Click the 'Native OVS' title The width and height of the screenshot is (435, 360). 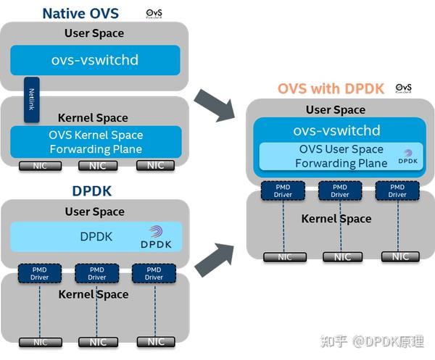(x=80, y=12)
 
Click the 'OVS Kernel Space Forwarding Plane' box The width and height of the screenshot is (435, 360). (x=95, y=142)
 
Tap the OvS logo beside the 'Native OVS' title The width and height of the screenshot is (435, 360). (x=154, y=14)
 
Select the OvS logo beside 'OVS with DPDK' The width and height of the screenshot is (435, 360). (x=404, y=88)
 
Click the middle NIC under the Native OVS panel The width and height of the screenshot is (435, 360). (x=96, y=165)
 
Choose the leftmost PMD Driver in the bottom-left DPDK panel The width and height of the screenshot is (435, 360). (x=38, y=273)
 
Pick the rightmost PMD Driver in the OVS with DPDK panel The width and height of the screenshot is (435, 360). (x=397, y=190)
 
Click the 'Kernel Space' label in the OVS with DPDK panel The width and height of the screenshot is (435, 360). (x=336, y=218)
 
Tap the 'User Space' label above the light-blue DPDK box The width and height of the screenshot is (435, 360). (x=94, y=212)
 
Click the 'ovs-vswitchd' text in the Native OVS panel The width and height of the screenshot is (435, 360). (x=95, y=59)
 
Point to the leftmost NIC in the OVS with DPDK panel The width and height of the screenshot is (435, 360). (x=281, y=256)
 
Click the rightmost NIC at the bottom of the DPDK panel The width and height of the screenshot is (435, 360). (x=155, y=341)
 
